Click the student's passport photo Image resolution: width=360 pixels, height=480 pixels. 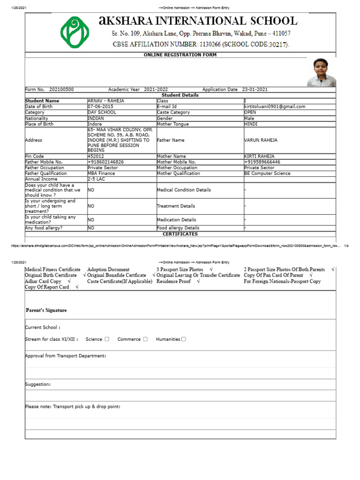point(321,72)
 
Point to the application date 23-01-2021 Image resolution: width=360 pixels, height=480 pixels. point(255,90)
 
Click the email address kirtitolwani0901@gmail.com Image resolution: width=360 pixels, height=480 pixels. point(275,106)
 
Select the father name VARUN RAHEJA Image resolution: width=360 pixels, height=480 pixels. point(261,140)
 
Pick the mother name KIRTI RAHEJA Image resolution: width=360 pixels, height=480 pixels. point(259,156)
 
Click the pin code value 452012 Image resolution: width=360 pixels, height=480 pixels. point(96,156)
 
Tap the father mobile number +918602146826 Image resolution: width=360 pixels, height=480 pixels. point(105,162)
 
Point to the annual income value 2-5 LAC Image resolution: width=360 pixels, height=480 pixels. point(96,179)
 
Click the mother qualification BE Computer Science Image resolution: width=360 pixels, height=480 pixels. point(267,173)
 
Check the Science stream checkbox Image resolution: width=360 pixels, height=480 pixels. point(107,339)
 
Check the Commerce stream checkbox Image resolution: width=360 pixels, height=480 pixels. point(145,339)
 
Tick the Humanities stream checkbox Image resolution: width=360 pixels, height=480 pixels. point(183,339)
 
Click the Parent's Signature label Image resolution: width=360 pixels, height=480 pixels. point(46,310)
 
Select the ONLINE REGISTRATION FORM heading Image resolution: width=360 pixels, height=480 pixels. point(180,55)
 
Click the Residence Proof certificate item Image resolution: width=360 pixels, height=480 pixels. point(173,281)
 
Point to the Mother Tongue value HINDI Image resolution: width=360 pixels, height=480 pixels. point(251,124)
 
